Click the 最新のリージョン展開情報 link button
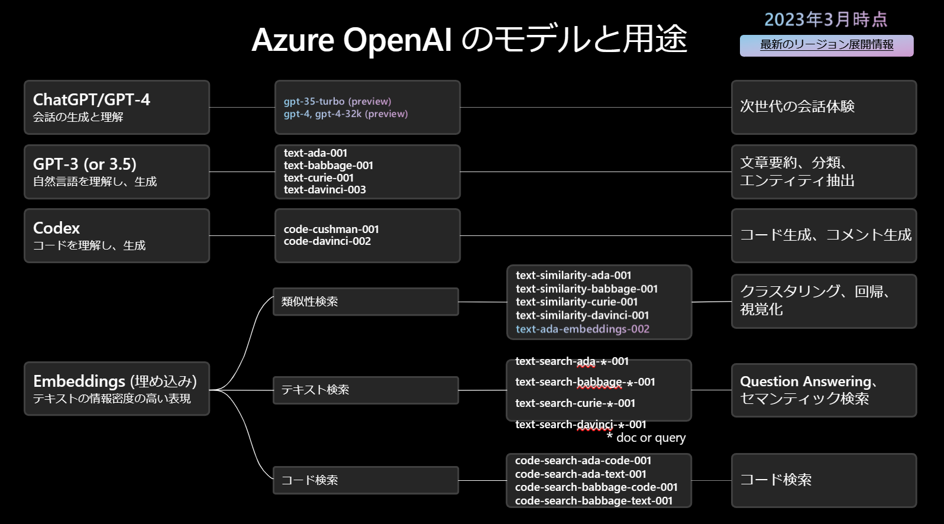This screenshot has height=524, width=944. point(826,45)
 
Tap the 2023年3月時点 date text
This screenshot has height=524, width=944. point(826,20)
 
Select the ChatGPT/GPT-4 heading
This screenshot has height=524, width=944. point(92,99)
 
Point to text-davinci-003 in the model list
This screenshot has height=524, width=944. point(325,190)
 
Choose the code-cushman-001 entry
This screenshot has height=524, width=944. point(331,229)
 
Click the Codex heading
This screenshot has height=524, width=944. point(56,228)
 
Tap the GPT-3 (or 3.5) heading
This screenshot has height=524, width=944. point(85,164)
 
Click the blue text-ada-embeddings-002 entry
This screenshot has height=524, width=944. point(582,329)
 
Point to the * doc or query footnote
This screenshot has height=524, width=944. point(646,438)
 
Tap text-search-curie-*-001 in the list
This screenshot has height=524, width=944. point(575,403)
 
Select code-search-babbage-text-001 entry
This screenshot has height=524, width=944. point(593,501)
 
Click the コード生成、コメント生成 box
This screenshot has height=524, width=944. point(825,235)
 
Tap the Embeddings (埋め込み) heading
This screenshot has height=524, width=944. point(115,381)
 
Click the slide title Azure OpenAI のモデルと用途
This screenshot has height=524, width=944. point(469,40)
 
